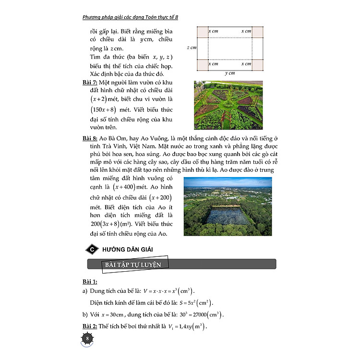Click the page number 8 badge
tap(87, 339)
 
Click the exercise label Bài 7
tap(91, 83)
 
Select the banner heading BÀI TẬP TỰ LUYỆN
tap(134, 265)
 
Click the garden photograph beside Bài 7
tap(228, 105)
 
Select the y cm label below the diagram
tap(230, 73)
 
